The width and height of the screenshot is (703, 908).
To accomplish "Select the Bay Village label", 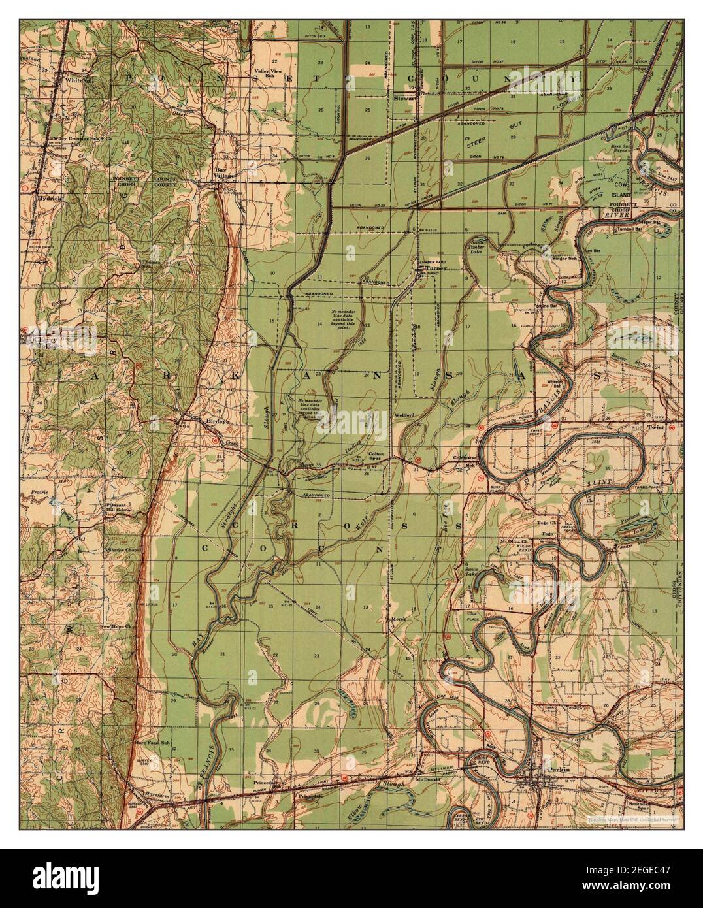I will pyautogui.click(x=226, y=172).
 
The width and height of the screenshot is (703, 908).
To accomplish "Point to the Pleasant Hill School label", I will pyautogui.click(x=120, y=509).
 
